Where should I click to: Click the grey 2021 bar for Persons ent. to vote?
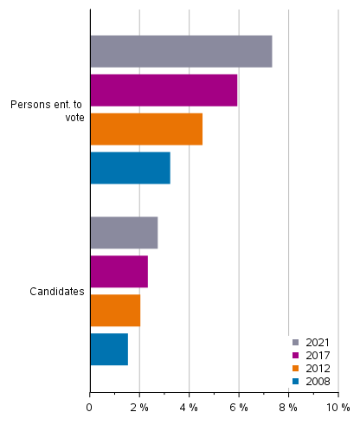pos(181,52)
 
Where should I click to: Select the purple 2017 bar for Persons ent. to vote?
pos(164,90)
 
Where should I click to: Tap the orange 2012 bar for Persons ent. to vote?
pos(146,129)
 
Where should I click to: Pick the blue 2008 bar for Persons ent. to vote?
pos(130,168)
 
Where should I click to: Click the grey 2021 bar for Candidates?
pos(124,233)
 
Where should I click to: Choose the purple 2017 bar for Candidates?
pos(119,272)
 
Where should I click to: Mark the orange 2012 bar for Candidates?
pos(115,310)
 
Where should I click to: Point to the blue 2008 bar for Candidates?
pos(109,349)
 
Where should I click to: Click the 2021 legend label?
pos(317,343)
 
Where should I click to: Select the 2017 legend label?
pos(317,356)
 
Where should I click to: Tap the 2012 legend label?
pos(317,369)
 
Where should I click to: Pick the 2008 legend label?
pos(317,382)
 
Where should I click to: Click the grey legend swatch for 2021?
pos(296,343)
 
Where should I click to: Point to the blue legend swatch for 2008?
pos(296,382)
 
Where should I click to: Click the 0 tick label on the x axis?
pos(89,407)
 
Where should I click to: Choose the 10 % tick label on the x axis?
pos(337,407)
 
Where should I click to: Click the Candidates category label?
pos(57,292)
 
